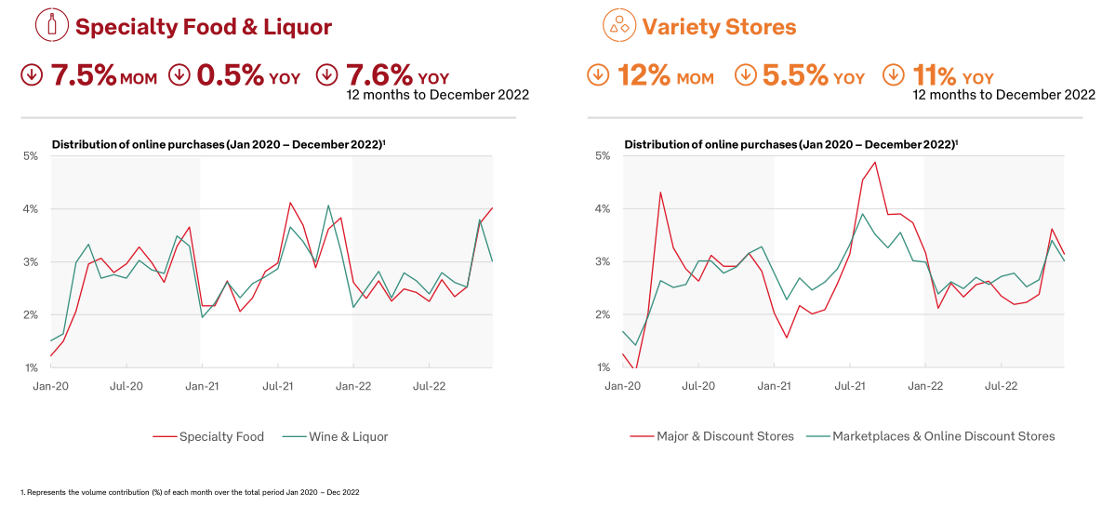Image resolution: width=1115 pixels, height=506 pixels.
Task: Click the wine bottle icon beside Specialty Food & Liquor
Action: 51,25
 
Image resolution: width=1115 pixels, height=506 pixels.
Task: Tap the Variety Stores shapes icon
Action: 617,25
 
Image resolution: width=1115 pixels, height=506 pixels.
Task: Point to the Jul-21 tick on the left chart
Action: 278,384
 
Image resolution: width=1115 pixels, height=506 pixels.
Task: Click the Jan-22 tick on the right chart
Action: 924,384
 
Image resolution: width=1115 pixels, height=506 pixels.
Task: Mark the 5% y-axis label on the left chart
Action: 31,156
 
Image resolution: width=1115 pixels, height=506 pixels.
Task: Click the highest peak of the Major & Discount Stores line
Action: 874,163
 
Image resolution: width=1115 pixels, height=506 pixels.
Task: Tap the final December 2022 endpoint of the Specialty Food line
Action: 492,208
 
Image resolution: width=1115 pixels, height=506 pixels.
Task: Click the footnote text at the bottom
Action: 190,492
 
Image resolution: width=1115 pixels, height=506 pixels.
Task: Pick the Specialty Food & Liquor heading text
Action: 204,27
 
